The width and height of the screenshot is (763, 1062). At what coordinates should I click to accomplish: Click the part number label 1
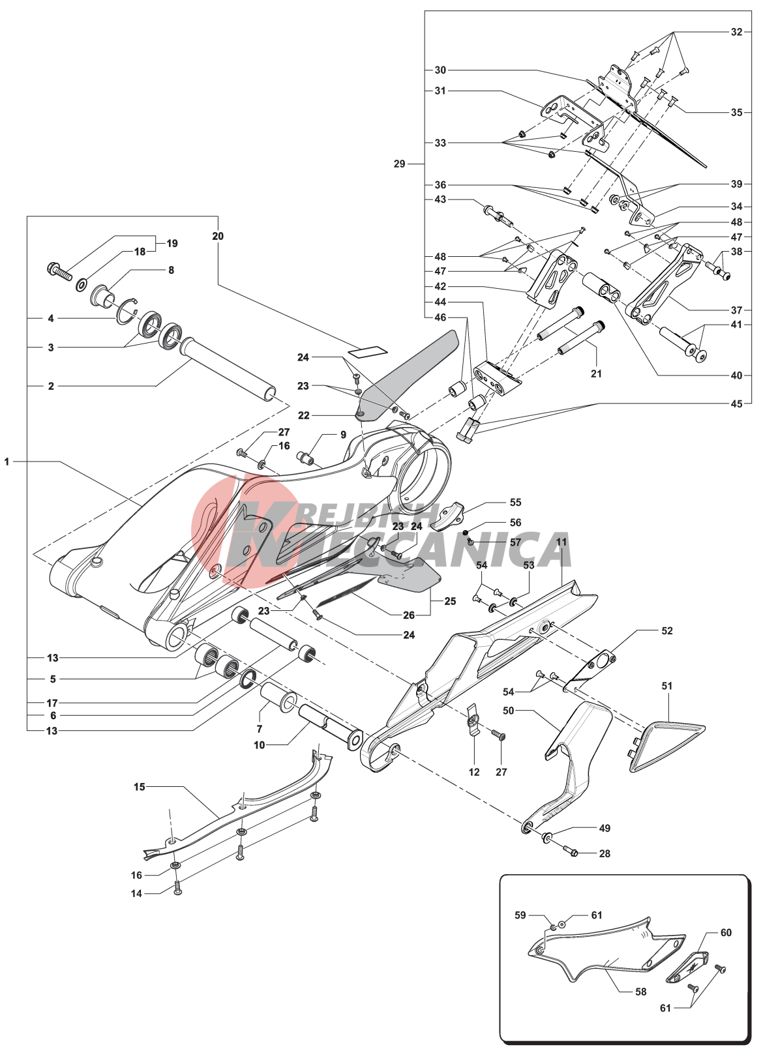click(7, 462)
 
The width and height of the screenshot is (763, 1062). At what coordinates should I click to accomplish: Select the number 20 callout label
click(218, 236)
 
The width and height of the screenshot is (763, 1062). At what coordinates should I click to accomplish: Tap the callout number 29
click(399, 164)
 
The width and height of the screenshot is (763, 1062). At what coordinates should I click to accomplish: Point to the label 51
click(666, 686)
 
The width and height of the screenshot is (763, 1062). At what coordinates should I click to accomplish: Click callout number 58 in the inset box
click(640, 992)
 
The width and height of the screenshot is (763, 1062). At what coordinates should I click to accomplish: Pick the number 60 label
click(726, 933)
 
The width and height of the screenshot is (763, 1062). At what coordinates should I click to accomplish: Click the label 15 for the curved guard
click(139, 787)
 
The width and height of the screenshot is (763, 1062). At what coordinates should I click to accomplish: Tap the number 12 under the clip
click(474, 772)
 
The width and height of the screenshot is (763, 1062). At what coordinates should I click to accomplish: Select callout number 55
click(515, 502)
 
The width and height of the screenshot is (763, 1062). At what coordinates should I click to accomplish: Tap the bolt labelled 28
click(571, 852)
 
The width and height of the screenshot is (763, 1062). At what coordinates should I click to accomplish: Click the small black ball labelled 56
click(466, 533)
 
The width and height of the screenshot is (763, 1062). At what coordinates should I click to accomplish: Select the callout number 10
click(260, 745)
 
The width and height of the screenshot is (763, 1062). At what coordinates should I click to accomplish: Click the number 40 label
click(736, 375)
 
